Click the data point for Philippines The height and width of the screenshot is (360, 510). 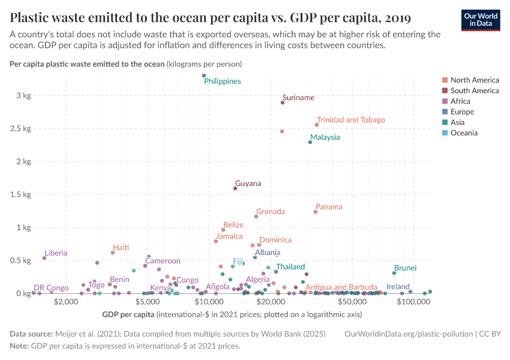tap(204, 76)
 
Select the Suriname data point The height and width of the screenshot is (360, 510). tap(283, 103)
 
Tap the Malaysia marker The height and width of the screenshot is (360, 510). tap(310, 142)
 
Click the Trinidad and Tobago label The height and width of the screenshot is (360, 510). tap(350, 120)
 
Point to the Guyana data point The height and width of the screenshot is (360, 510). tap(235, 188)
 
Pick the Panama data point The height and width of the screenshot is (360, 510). tap(316, 212)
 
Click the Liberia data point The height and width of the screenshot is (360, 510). tap(44, 258)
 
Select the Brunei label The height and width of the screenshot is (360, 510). tap(405, 268)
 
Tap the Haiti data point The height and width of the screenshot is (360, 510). tap(113, 253)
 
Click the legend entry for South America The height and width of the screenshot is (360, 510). tap(474, 91)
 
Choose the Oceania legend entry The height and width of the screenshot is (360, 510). tap(464, 133)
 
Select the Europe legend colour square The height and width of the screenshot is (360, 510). tap(445, 112)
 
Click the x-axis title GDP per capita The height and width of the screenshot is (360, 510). tap(128, 314)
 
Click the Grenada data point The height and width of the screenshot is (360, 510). tap(256, 217)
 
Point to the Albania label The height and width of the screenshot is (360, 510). tap(268, 253)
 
